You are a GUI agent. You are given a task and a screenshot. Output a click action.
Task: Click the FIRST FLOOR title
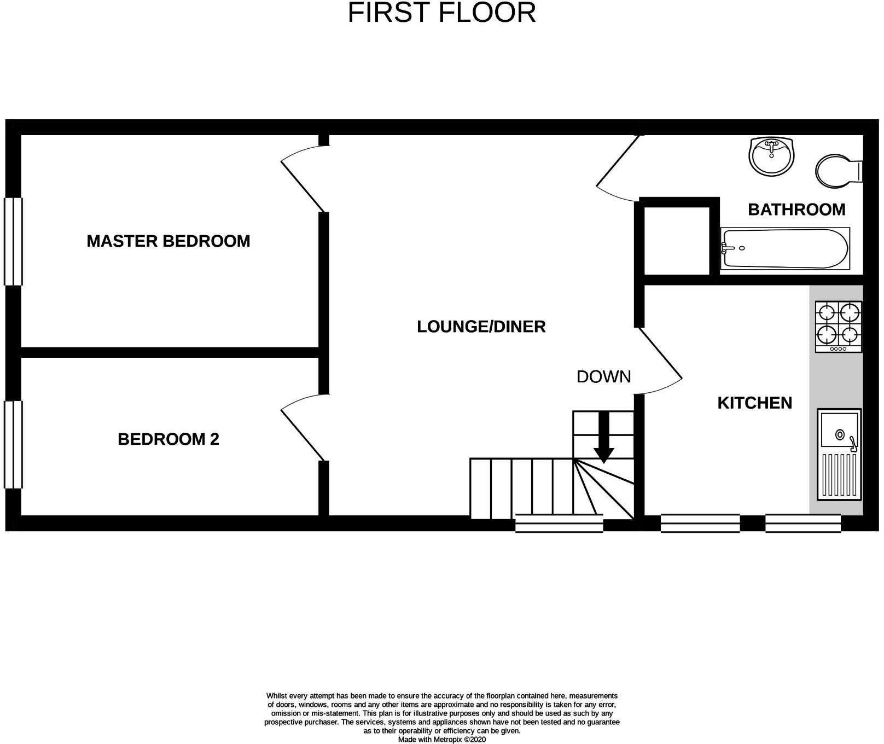(441, 13)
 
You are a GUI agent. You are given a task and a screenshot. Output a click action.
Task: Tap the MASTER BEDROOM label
(168, 241)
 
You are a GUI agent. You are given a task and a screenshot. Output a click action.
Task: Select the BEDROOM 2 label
(168, 439)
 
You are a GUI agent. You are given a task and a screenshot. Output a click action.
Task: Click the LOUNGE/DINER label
(481, 327)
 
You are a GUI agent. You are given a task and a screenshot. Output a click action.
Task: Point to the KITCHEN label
(754, 403)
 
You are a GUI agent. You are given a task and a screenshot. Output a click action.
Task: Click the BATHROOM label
(796, 210)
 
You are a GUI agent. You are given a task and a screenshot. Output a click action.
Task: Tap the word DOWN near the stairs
(603, 376)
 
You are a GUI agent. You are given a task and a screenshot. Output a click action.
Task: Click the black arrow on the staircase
(604, 438)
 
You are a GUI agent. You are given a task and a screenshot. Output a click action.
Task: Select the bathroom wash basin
(771, 156)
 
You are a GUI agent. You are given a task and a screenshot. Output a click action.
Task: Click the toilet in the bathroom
(838, 171)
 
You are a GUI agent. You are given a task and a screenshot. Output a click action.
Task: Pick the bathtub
(784, 249)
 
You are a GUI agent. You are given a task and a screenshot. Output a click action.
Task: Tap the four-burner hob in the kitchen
(839, 327)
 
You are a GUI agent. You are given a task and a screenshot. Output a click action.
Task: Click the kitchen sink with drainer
(839, 454)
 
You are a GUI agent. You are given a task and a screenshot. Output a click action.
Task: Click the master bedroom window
(13, 241)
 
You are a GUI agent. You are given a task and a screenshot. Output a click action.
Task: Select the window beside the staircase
(559, 524)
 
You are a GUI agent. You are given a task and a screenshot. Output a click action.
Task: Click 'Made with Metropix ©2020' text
(441, 739)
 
